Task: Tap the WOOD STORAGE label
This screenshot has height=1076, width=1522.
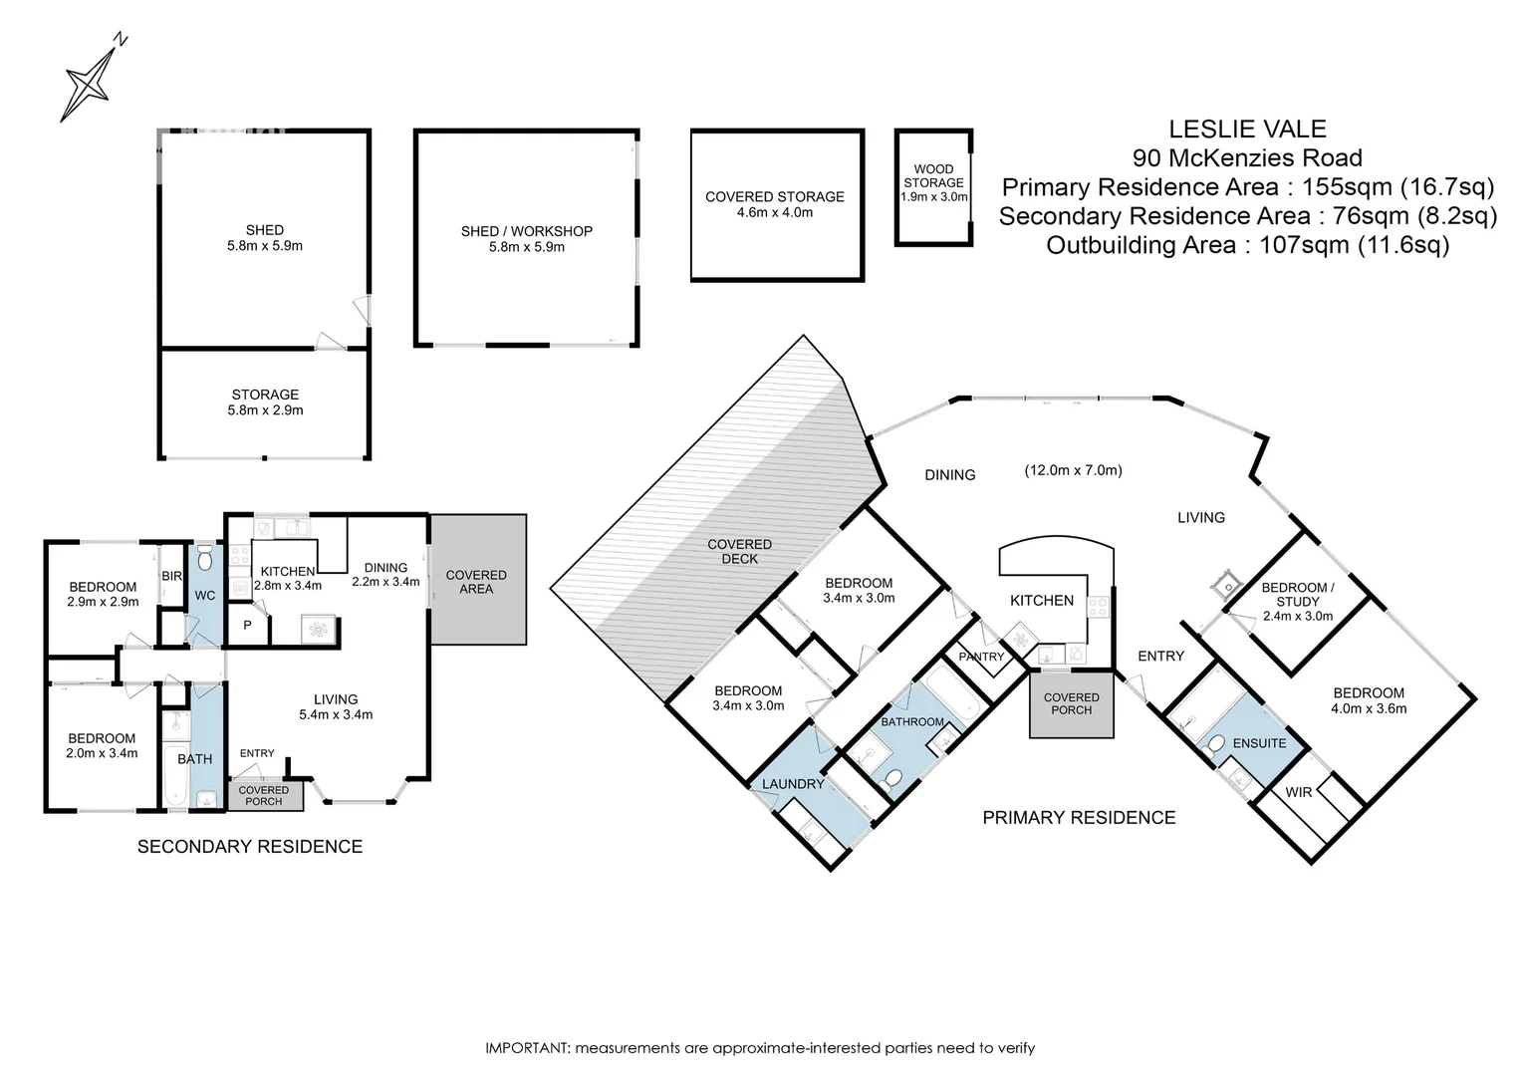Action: tap(933, 175)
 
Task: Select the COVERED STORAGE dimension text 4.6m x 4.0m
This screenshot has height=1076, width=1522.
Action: tap(775, 212)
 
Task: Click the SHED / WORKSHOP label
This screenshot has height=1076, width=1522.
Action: tap(527, 231)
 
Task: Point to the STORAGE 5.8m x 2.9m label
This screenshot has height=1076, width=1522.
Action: tap(265, 403)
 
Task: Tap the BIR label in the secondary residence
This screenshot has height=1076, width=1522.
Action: tap(172, 576)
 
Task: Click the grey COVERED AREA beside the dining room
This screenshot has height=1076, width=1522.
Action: tap(478, 579)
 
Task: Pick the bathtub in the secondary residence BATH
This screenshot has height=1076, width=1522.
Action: tap(174, 775)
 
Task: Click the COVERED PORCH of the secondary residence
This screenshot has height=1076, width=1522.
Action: tap(264, 795)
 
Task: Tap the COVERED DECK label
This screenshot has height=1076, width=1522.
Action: tap(739, 551)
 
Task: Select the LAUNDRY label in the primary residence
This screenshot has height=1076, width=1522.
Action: tap(793, 784)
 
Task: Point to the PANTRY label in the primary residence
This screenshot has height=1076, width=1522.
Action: tap(981, 657)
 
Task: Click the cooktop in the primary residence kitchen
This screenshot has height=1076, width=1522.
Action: tap(1098, 607)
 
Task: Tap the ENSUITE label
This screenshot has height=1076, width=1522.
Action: tap(1259, 743)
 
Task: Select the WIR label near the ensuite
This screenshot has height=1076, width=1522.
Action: tap(1299, 792)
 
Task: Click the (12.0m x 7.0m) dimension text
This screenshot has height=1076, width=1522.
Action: tap(1073, 469)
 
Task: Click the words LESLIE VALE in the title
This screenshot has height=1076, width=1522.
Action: tap(1247, 129)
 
